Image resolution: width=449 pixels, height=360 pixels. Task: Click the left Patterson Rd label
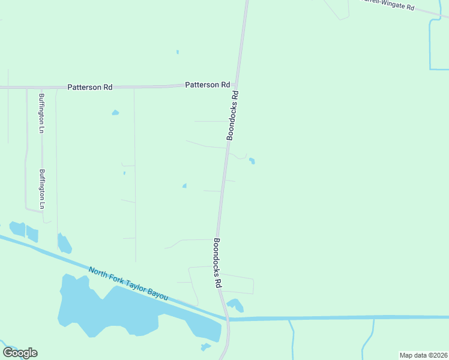pyautogui.click(x=90, y=87)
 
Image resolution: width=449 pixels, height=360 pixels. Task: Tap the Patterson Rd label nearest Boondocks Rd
pyautogui.click(x=208, y=85)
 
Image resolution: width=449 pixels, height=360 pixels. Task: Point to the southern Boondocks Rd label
pyautogui.click(x=217, y=263)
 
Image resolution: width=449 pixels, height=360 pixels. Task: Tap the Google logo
pyautogui.click(x=20, y=353)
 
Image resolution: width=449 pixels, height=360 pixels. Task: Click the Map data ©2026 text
pyautogui.click(x=423, y=355)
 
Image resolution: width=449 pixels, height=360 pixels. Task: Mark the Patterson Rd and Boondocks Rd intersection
pyautogui.click(x=237, y=86)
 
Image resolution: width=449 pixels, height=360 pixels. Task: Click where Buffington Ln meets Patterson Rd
pyautogui.click(x=26, y=88)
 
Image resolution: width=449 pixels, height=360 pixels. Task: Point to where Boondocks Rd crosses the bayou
pyautogui.click(x=228, y=319)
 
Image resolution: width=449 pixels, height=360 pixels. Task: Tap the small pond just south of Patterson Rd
pyautogui.click(x=115, y=112)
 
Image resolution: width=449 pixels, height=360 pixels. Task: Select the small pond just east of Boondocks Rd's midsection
pyautogui.click(x=252, y=161)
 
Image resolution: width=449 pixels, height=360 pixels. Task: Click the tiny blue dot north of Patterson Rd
pyautogui.click(x=178, y=52)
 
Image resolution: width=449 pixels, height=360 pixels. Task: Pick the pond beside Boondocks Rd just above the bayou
pyautogui.click(x=235, y=305)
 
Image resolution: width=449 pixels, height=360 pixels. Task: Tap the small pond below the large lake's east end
pyautogui.click(x=206, y=347)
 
